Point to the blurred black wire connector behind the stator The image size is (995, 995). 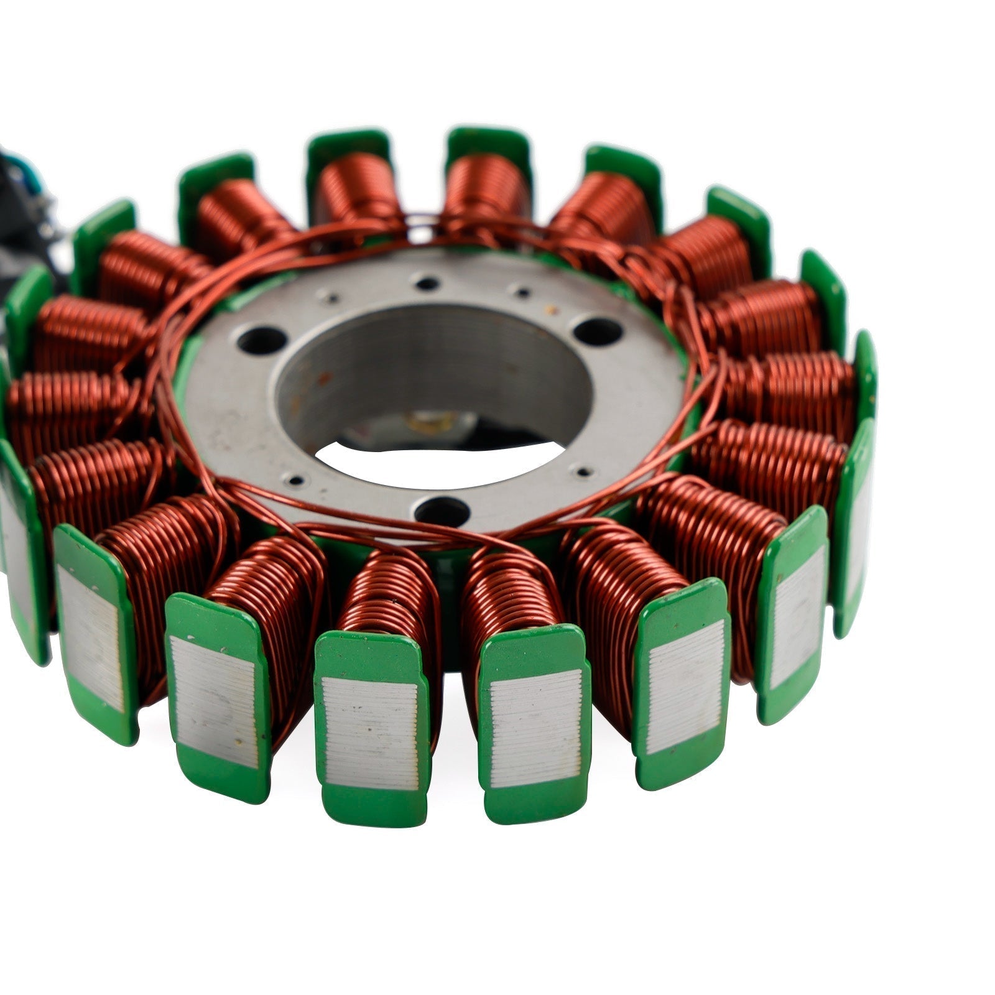31,205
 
